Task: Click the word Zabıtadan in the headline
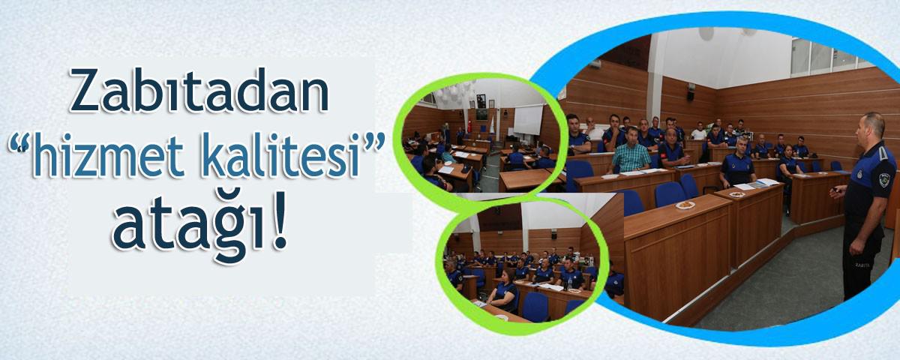[199, 91]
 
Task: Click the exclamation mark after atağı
[279, 220]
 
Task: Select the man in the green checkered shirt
[630, 151]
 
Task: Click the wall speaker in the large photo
[691, 92]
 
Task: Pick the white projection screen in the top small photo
[528, 120]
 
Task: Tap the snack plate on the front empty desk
[685, 205]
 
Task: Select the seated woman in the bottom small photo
[503, 290]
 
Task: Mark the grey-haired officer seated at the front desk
[738, 163]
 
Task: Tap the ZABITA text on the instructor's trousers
[862, 265]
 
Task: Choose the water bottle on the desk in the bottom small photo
[570, 283]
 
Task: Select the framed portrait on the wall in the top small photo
[481, 100]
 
